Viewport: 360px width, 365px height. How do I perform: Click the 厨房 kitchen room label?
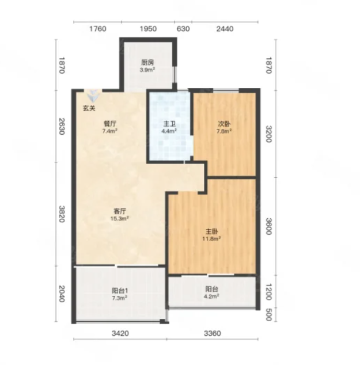[x=147, y=63]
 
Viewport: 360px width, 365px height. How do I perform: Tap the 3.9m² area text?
[x=147, y=70]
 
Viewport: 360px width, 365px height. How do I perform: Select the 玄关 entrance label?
[x=89, y=108]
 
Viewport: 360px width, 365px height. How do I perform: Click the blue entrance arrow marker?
[x=93, y=96]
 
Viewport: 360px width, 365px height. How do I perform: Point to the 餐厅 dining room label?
[x=110, y=124]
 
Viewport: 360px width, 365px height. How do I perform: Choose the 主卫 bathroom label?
[x=169, y=124]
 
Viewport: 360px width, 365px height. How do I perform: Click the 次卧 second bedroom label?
[x=224, y=124]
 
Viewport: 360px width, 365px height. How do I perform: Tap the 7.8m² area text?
[x=224, y=131]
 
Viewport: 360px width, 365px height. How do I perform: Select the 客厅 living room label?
[x=120, y=211]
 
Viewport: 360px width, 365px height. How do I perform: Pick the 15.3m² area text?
[x=120, y=218]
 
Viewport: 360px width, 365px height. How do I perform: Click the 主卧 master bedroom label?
[x=211, y=231]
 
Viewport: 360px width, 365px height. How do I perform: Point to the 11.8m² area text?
[x=211, y=239]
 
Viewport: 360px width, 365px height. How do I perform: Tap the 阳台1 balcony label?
[x=120, y=291]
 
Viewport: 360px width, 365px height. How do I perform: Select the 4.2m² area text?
[x=211, y=296]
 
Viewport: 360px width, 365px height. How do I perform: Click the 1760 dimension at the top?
[x=98, y=29]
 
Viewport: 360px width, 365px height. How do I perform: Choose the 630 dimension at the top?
[x=183, y=29]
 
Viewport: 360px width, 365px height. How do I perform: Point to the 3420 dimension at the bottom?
[x=120, y=333]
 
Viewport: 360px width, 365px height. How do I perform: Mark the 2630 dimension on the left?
[x=61, y=127]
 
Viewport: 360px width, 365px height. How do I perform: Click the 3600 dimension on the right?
[x=269, y=226]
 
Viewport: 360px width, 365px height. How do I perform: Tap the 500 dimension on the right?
[x=269, y=315]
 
